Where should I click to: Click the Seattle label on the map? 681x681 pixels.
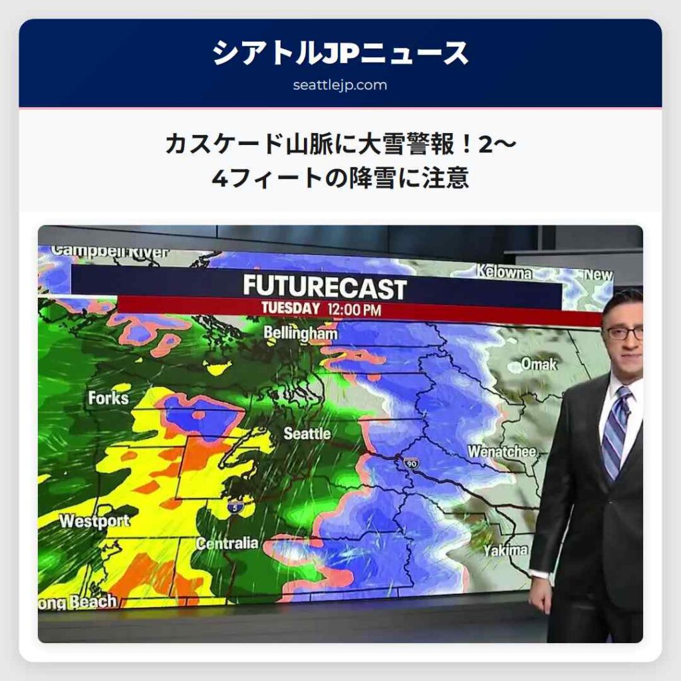pos(307,434)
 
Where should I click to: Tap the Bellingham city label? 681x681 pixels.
pos(300,333)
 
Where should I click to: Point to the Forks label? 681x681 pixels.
pos(108,398)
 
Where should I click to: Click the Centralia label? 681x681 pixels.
pos(227,543)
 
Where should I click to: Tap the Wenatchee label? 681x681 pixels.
pos(501,452)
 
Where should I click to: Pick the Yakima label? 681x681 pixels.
pos(505,551)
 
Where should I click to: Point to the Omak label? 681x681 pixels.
pos(539,364)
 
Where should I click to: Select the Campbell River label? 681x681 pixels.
pos(110,252)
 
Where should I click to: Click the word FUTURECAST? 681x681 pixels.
pos(325,288)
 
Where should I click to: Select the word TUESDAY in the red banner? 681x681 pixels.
pos(291,309)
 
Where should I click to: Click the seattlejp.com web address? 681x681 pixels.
pos(340,85)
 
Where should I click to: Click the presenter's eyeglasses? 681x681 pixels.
pos(624,332)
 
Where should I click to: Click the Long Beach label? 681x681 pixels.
pos(76,603)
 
